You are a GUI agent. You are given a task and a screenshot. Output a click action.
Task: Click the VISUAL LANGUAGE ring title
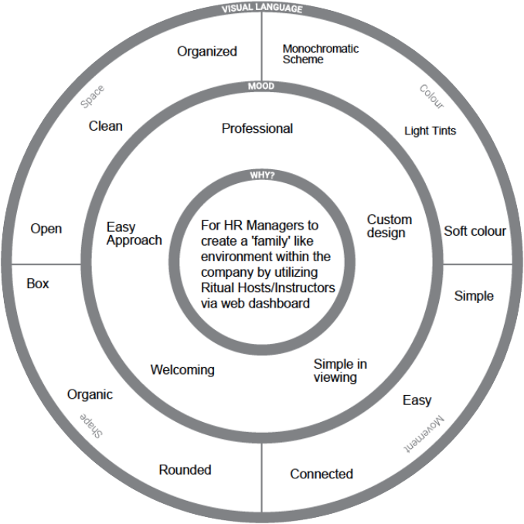[262, 9]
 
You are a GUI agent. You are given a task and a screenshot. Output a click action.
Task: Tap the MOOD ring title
[262, 87]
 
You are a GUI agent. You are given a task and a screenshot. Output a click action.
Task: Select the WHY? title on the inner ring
[262, 175]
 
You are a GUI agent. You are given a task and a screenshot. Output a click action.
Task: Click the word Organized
[207, 52]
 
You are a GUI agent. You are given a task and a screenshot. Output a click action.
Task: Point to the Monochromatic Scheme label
[321, 53]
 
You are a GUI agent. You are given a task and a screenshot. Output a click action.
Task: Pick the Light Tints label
[430, 131]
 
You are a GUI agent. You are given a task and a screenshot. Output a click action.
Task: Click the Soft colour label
[475, 231]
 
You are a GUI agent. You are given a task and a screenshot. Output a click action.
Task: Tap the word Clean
[106, 126]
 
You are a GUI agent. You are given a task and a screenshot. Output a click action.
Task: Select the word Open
[46, 229]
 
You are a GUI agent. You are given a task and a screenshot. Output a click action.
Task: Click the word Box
[38, 284]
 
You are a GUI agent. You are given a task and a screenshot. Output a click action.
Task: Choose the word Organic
[90, 394]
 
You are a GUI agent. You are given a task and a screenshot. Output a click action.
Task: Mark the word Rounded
[185, 469]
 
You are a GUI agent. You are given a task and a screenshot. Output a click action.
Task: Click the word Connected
[322, 474]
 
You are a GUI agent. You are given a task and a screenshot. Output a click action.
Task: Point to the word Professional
[257, 128]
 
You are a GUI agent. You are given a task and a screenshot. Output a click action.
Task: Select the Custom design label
[390, 226]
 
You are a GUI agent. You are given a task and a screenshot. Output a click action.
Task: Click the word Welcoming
[182, 369]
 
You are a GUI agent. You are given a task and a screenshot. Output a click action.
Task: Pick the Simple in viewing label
[339, 370]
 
